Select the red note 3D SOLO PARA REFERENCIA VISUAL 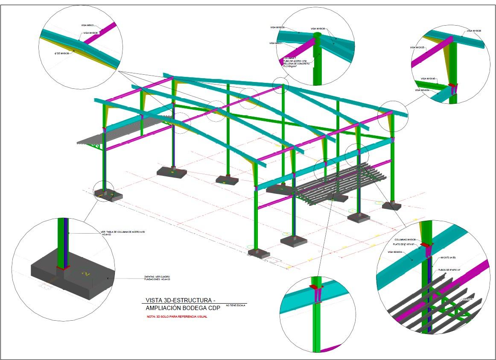coord(177,316)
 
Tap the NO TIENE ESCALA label coord(236,305)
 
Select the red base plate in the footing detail coord(63,268)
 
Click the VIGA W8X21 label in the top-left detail coord(88,26)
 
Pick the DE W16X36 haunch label coord(62,53)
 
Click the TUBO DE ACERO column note coord(296,61)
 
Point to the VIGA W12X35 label coord(417,47)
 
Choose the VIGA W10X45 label coord(428,79)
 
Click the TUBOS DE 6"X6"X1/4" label coord(452,270)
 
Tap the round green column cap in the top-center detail coord(317,35)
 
